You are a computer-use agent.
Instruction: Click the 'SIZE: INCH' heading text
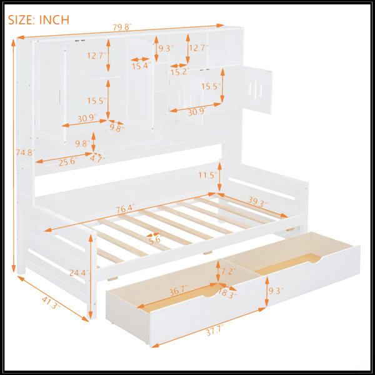click(39, 19)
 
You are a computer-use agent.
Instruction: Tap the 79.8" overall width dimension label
click(122, 27)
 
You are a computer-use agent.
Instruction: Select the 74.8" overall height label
click(26, 152)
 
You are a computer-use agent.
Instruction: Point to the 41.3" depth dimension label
click(51, 303)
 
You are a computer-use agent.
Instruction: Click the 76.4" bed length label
click(126, 209)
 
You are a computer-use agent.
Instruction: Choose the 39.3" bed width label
click(257, 202)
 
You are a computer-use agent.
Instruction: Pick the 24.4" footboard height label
click(79, 272)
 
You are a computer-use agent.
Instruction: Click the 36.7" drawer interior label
click(178, 291)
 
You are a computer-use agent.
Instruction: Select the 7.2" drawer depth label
click(228, 271)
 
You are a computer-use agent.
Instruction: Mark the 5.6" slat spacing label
click(156, 239)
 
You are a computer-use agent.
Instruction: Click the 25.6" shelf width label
click(68, 162)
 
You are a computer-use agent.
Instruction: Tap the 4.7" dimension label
click(97, 159)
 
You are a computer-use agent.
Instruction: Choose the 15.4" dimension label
click(141, 66)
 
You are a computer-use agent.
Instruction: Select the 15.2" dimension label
click(180, 72)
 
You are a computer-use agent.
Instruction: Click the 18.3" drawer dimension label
click(227, 294)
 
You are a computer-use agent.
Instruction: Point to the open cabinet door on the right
click(257, 90)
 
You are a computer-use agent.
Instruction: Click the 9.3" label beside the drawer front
click(276, 291)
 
